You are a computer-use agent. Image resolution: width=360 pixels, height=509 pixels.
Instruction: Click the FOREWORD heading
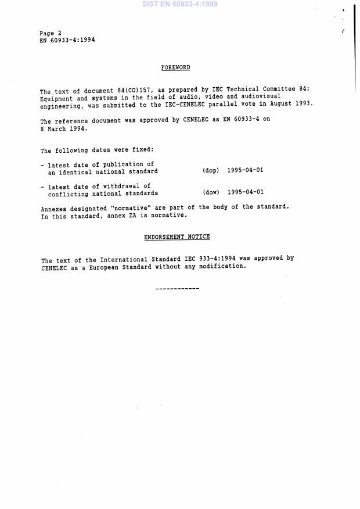point(175,68)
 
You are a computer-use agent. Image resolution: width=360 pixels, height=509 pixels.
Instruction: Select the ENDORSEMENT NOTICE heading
point(177,237)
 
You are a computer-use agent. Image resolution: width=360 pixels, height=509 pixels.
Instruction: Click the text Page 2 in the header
point(51,33)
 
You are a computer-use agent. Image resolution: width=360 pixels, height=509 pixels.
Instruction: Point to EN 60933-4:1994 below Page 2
point(67,41)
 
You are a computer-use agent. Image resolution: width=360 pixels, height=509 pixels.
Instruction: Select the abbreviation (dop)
point(211,171)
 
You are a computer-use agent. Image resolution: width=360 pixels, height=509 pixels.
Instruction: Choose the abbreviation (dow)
point(211,192)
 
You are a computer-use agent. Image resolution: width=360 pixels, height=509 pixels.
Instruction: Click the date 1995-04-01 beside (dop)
point(246,171)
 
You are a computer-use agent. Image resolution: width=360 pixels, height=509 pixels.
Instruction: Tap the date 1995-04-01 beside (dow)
point(246,192)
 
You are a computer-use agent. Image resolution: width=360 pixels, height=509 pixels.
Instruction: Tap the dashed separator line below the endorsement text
point(177,289)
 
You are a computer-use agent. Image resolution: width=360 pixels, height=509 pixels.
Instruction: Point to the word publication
point(120,165)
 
